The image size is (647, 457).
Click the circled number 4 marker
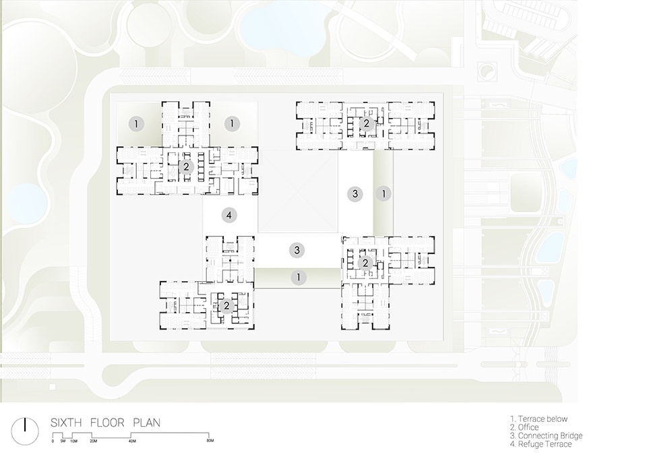coord(229,215)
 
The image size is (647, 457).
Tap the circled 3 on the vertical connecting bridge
coord(355,193)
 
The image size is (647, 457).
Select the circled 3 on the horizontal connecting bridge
coord(297,250)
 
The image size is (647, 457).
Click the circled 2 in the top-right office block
coord(367,123)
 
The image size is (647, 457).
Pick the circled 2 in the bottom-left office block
coord(226,306)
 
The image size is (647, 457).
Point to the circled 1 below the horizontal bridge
coord(299,278)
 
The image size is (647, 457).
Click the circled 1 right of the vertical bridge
coord(383,193)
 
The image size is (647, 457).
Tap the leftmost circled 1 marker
coord(136,123)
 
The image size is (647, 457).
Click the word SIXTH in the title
coord(66,423)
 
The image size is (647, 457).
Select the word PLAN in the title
coord(146,423)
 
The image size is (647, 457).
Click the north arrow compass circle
coord(25,431)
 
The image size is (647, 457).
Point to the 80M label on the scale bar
coord(210,441)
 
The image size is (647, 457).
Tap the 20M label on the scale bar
coord(93,441)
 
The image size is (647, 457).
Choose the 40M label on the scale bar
coord(132,441)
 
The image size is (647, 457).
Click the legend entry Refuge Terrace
coord(541,444)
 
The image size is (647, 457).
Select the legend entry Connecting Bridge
coord(547,435)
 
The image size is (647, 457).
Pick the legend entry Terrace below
coord(539,419)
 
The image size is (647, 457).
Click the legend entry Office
coord(524,427)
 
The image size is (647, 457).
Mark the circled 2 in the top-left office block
coord(187,166)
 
